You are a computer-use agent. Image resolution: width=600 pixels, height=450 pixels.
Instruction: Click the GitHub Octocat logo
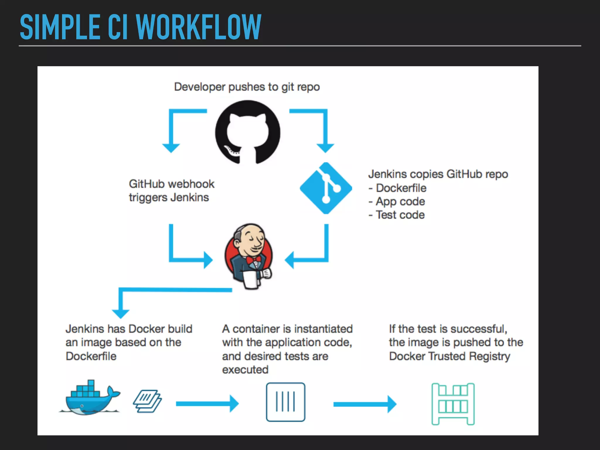pyautogui.click(x=248, y=132)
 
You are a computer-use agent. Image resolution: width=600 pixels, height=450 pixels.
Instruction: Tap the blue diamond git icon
pyautogui.click(x=326, y=188)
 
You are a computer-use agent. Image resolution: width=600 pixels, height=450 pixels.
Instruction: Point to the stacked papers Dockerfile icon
pyautogui.click(x=147, y=401)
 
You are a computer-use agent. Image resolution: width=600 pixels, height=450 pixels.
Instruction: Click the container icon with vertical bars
pyautogui.click(x=285, y=402)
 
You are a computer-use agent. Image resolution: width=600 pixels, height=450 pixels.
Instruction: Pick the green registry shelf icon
pyautogui.click(x=453, y=404)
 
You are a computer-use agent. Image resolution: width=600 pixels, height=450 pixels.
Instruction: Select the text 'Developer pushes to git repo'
pyautogui.click(x=247, y=87)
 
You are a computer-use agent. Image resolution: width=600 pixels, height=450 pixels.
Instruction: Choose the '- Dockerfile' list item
pyautogui.click(x=398, y=188)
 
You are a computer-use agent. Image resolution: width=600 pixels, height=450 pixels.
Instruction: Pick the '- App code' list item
pyautogui.click(x=397, y=202)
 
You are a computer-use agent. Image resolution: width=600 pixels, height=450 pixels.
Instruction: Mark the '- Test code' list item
pyautogui.click(x=397, y=215)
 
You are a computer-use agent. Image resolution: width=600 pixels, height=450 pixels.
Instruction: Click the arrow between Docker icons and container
pyautogui.click(x=207, y=404)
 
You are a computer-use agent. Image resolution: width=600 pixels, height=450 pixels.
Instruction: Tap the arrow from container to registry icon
pyautogui.click(x=364, y=404)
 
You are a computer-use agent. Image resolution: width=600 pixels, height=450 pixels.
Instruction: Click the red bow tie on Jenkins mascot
pyautogui.click(x=254, y=260)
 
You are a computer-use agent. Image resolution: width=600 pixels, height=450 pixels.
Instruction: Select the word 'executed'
pyautogui.click(x=245, y=370)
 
